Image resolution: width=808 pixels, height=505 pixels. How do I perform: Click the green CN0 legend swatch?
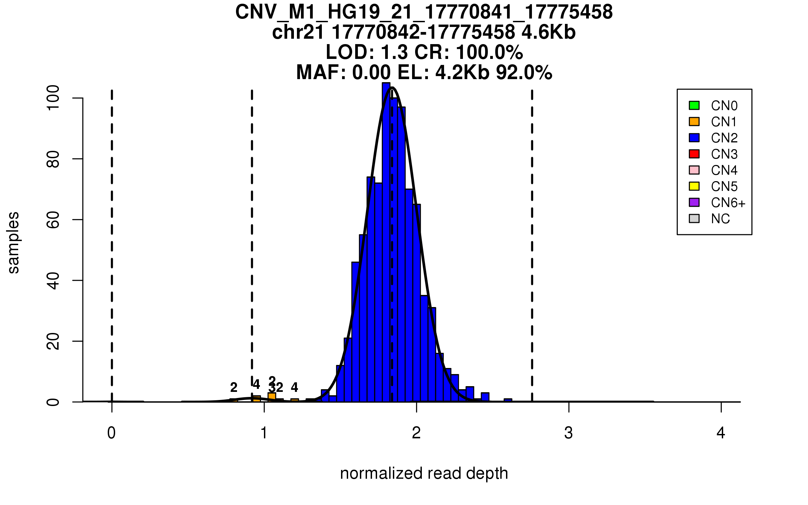click(x=694, y=105)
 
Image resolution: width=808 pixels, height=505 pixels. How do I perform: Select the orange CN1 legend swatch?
click(x=694, y=122)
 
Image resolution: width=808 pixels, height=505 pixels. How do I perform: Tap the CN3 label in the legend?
click(x=724, y=154)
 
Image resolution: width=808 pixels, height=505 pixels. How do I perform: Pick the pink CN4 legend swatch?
click(x=694, y=170)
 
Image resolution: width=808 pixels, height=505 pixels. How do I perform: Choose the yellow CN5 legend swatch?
click(x=694, y=186)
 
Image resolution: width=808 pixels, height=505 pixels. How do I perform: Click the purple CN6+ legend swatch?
click(x=694, y=202)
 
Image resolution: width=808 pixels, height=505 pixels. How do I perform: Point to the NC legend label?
click(x=720, y=219)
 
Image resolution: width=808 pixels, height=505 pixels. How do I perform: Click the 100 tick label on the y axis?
click(x=53, y=98)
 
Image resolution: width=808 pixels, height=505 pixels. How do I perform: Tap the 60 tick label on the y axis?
click(x=53, y=220)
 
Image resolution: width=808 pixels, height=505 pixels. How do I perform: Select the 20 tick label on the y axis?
click(x=53, y=341)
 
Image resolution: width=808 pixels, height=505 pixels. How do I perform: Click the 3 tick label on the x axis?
click(x=569, y=433)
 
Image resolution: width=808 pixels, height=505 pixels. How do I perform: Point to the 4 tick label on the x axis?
click(x=721, y=433)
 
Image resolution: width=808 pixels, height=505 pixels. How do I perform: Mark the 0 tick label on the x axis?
click(x=111, y=433)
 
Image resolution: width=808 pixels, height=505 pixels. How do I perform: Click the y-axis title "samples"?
click(x=13, y=243)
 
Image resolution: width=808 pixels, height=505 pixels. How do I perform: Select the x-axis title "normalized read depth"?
click(x=424, y=473)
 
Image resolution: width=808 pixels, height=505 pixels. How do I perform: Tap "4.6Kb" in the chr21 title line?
click(x=548, y=32)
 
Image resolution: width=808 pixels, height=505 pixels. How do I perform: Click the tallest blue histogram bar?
click(x=386, y=242)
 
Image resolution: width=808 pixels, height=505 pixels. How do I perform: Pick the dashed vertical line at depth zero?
click(x=112, y=246)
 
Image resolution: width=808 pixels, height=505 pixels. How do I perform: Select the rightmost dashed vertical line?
click(x=532, y=246)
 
